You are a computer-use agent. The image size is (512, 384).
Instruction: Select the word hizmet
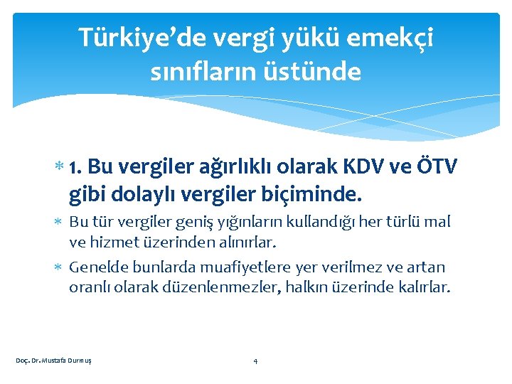(x=114, y=242)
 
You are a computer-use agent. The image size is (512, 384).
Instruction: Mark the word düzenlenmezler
(x=227, y=287)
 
